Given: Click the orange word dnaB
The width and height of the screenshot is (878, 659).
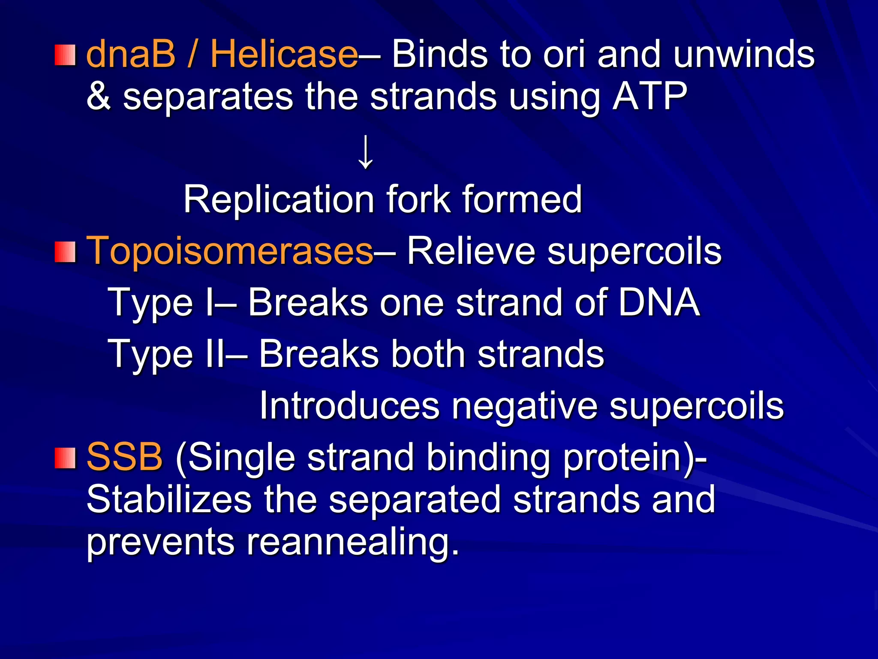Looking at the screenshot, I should (131, 54).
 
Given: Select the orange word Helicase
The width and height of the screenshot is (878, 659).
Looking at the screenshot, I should (284, 54).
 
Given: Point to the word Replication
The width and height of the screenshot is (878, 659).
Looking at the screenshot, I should (279, 200).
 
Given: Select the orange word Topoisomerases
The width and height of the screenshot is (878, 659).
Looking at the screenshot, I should (230, 251).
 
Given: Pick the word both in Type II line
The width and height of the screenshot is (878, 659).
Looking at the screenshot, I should (428, 354).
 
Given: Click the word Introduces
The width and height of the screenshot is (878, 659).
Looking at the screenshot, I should (349, 406).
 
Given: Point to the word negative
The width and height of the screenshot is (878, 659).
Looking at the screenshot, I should (524, 406).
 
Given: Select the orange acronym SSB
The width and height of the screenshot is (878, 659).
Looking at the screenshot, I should (124, 457).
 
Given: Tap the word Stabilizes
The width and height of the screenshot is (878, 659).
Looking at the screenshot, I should (169, 499).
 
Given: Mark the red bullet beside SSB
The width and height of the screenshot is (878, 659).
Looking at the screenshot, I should (65, 458).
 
